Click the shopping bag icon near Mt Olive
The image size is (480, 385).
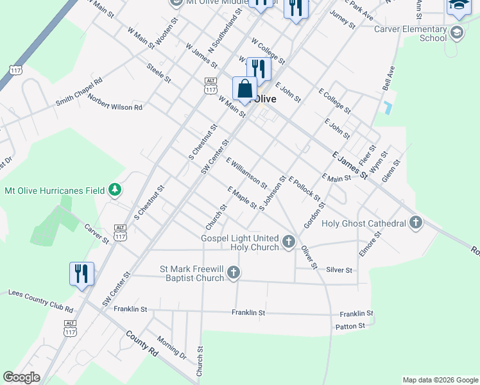[244, 89]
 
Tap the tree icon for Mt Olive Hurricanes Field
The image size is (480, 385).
[115, 189]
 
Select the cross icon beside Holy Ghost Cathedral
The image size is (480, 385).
[416, 223]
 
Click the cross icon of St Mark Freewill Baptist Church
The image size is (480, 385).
[234, 273]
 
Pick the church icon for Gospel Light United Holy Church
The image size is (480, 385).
[289, 243]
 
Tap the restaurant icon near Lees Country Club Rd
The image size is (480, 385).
[81, 273]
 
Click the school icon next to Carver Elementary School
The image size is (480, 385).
[457, 33]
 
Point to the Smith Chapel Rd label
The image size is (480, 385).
[79, 92]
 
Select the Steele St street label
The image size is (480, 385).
[159, 73]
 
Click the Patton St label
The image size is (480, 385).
[350, 326]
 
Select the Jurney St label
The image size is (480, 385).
[341, 18]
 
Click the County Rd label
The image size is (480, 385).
[142, 343]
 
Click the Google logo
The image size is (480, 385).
[21, 377]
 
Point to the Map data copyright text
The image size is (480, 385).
[440, 380]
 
